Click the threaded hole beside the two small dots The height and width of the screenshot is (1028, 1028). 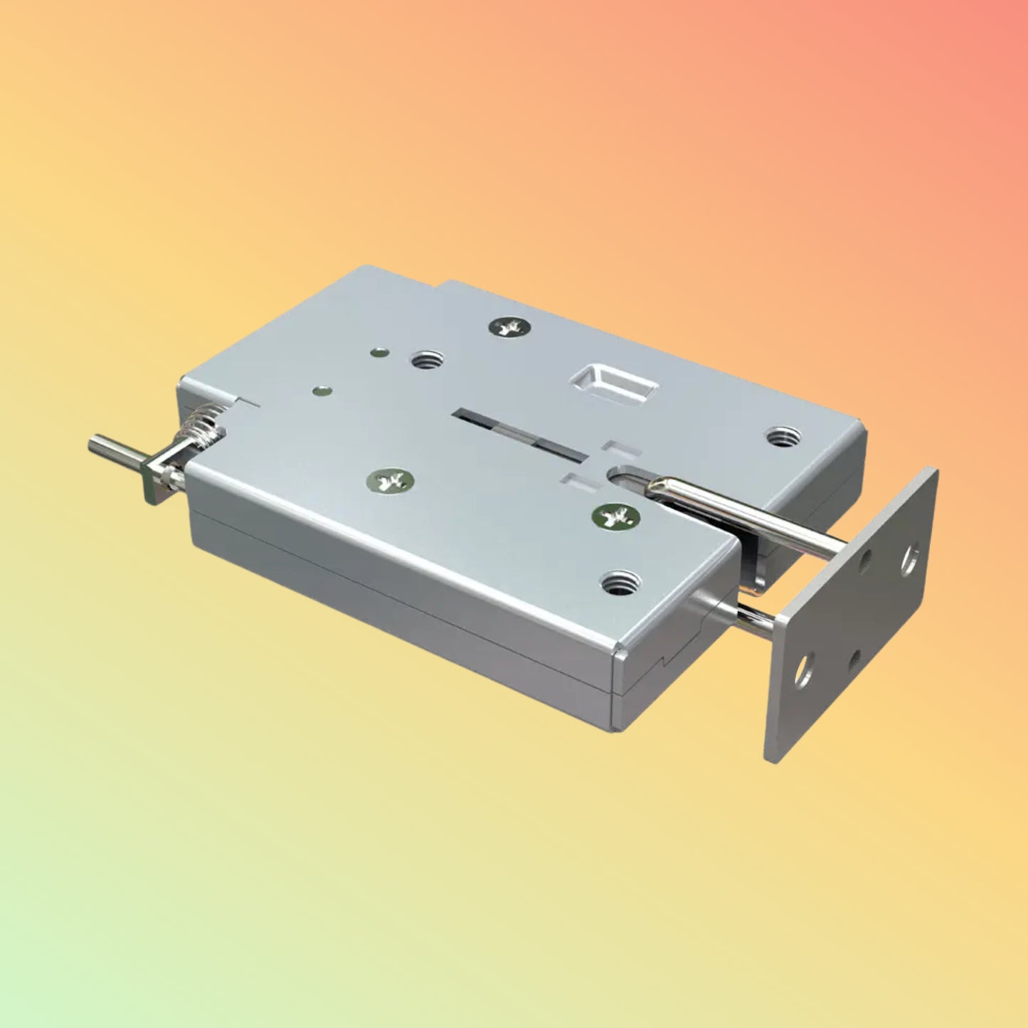pyautogui.click(x=428, y=360)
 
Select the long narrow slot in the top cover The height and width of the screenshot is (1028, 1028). pyautogui.click(x=524, y=433)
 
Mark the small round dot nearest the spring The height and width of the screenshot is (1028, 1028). pyautogui.click(x=324, y=390)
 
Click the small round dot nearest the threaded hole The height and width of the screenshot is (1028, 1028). pyautogui.click(x=381, y=351)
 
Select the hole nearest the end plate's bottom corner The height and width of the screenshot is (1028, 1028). pyautogui.click(x=803, y=670)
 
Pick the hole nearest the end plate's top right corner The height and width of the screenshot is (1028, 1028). pyautogui.click(x=910, y=558)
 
